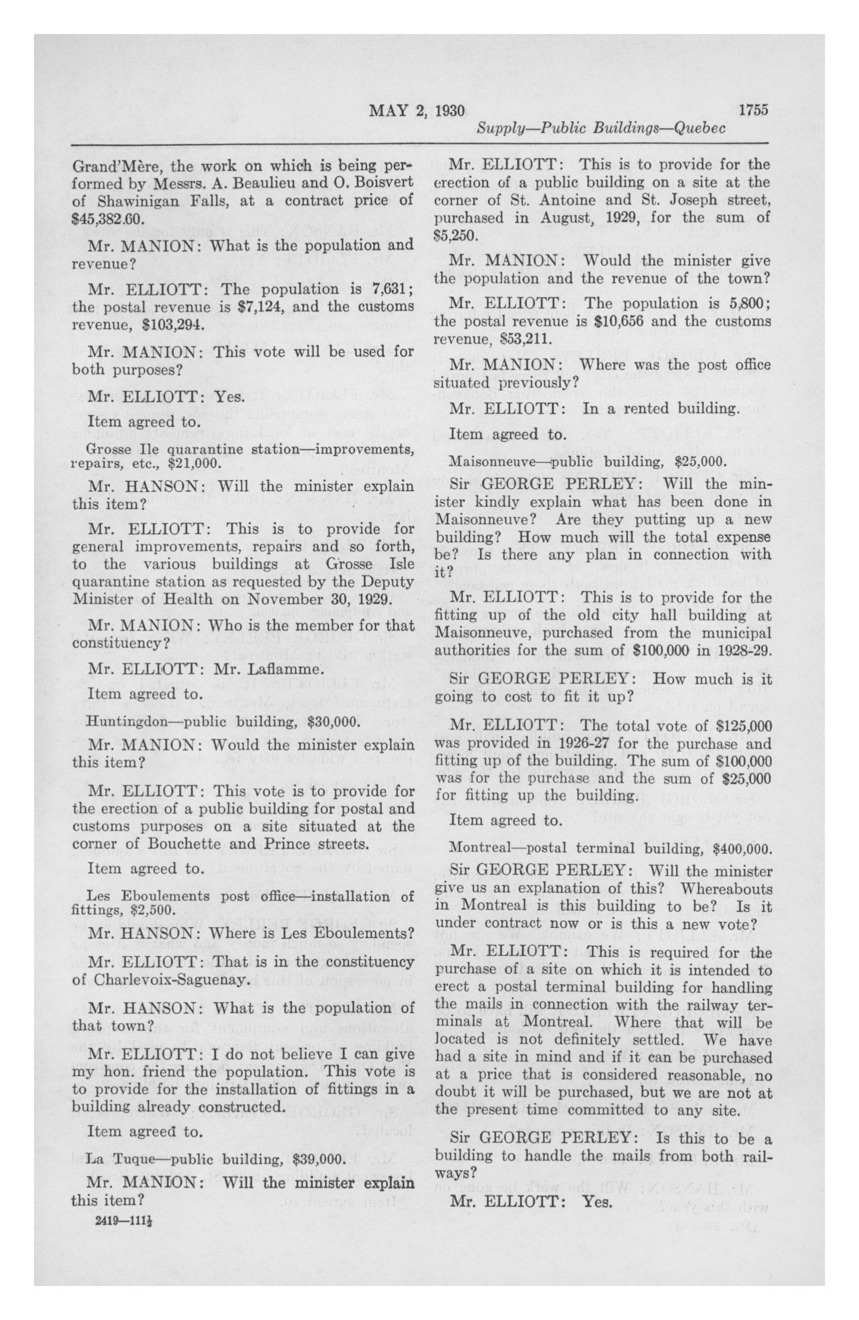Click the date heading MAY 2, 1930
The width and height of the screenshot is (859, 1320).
(416, 110)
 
